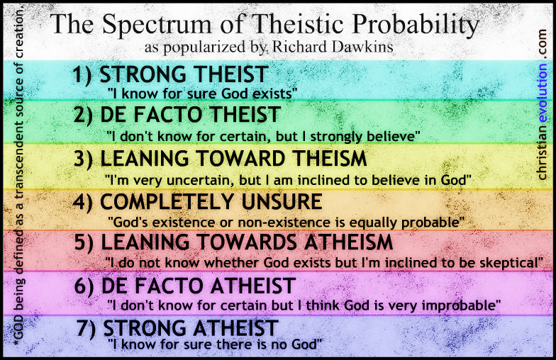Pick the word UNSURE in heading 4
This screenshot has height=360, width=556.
click(x=282, y=201)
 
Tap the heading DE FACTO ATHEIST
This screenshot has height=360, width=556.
click(x=199, y=286)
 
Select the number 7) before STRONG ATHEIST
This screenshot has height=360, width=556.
click(x=87, y=328)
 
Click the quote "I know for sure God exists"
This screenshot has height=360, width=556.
click(x=203, y=94)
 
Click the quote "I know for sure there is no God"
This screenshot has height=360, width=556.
click(x=215, y=344)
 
